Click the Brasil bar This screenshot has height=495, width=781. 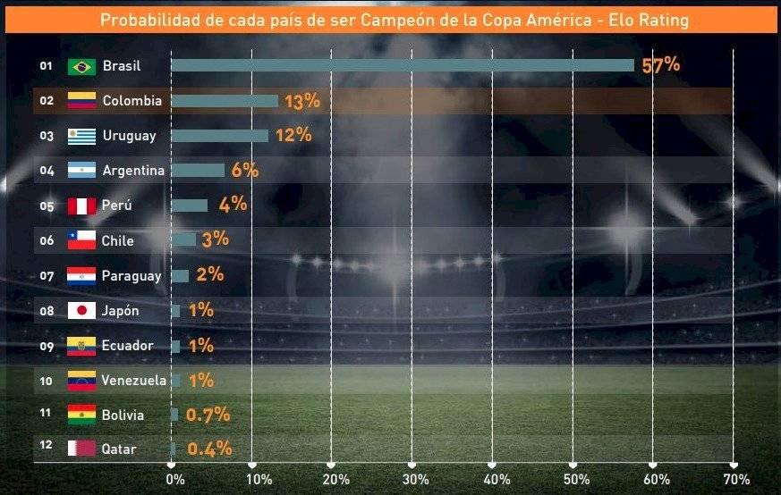[x=402, y=65]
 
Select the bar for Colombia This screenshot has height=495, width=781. [x=225, y=101]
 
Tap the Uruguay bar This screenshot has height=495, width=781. [x=219, y=136]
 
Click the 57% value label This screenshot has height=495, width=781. [x=661, y=65]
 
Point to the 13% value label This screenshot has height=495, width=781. [x=301, y=101]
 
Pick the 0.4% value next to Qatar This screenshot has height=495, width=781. [x=209, y=449]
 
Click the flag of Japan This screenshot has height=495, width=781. [x=81, y=311]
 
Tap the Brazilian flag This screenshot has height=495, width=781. [x=81, y=66]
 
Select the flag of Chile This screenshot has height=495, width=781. [x=81, y=240]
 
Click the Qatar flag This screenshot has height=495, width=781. [x=81, y=449]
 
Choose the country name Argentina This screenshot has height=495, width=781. [x=133, y=171]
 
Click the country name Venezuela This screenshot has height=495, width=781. [x=133, y=381]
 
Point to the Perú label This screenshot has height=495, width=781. [x=117, y=206]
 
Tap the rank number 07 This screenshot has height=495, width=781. [x=47, y=275]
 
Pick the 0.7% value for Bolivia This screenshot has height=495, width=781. [x=208, y=415]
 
